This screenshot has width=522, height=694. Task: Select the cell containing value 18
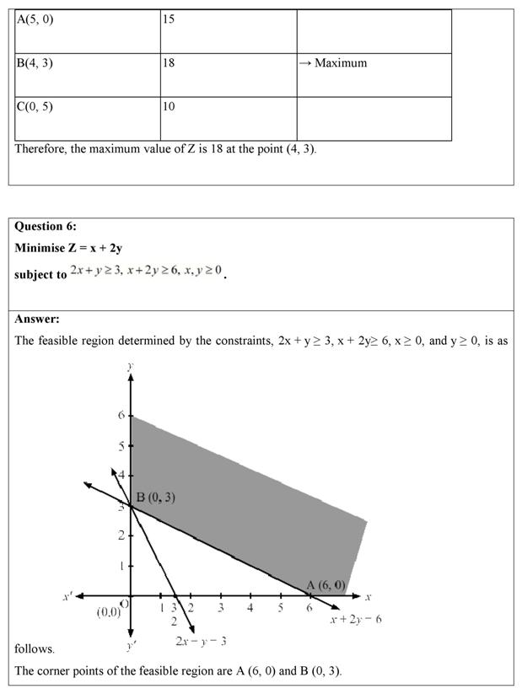(x=228, y=74)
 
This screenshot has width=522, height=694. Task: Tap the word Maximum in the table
(x=340, y=63)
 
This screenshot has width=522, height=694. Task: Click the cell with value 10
(x=228, y=118)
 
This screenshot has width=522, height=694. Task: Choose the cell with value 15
(x=228, y=31)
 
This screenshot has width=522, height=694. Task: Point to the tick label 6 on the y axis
(x=120, y=416)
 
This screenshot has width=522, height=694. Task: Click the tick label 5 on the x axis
(x=280, y=608)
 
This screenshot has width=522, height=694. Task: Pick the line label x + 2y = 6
(x=355, y=619)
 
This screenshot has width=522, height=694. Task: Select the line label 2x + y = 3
(x=201, y=642)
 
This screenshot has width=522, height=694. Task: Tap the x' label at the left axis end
(x=67, y=596)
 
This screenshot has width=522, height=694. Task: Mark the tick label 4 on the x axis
(x=250, y=608)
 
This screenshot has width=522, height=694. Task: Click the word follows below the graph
(x=35, y=648)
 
